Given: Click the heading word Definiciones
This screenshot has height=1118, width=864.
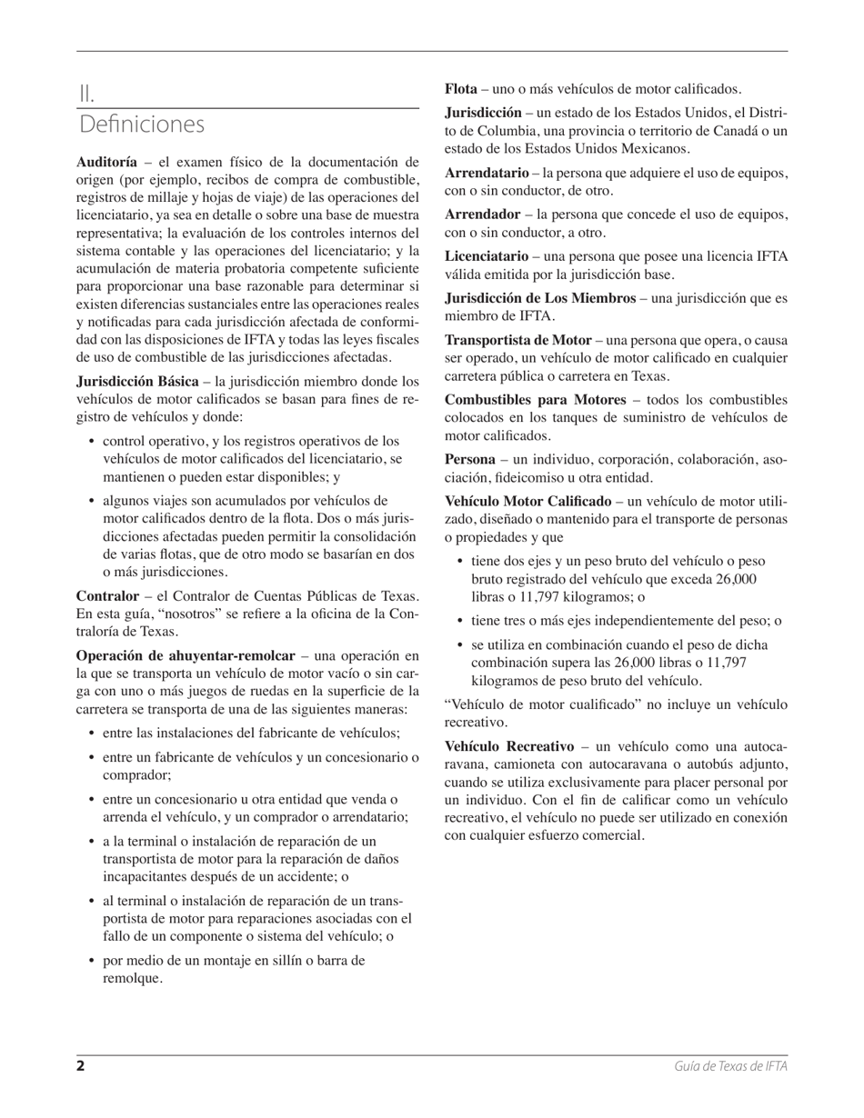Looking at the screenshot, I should (x=141, y=124).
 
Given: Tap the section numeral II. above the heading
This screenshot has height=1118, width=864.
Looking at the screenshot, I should (x=86, y=93).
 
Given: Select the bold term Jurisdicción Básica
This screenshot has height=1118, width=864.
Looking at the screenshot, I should (x=136, y=381).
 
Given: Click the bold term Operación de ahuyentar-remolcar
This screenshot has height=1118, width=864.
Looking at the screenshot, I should (x=186, y=655).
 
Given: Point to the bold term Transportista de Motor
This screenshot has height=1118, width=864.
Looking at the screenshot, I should (x=517, y=340).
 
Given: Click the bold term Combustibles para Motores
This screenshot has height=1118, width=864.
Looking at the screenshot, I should (x=535, y=400).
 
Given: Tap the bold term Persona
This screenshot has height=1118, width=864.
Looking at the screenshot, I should (x=469, y=460).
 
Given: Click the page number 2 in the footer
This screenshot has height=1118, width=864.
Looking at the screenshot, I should (x=80, y=1066).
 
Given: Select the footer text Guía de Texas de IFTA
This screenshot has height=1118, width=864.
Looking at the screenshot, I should (x=730, y=1066).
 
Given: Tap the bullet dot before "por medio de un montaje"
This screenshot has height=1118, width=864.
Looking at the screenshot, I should (x=93, y=960).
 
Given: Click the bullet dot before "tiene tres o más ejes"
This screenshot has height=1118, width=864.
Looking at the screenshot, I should (x=461, y=621).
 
